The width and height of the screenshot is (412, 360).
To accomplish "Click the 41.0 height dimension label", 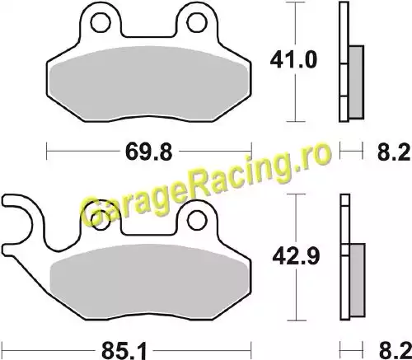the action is pyautogui.click(x=293, y=60).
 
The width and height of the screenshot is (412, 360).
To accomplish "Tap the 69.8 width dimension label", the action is pyautogui.click(x=149, y=152).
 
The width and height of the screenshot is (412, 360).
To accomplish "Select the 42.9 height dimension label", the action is pyautogui.click(x=296, y=256).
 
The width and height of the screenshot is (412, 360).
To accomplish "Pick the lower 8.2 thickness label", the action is pyautogui.click(x=395, y=351).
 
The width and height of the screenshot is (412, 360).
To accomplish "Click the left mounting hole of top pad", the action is pyautogui.click(x=101, y=22).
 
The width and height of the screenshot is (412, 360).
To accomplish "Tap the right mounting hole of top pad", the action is pyautogui.click(x=197, y=22).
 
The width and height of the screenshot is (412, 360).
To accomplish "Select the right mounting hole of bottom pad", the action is pyautogui.click(x=197, y=219).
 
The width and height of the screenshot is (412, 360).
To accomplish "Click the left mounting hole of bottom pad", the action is pyautogui.click(x=101, y=220).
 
